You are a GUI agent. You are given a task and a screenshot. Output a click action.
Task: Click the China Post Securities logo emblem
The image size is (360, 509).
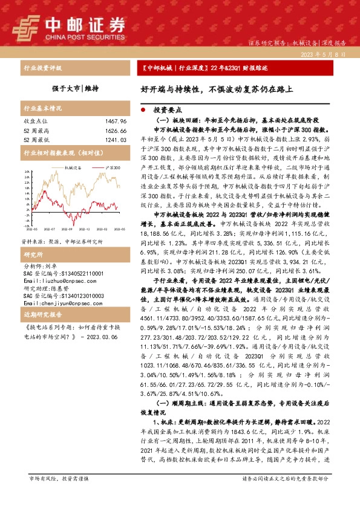click(x=27, y=26)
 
